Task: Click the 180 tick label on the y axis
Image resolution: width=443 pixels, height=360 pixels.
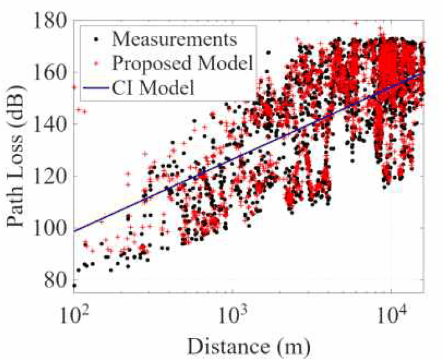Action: pos(50,20)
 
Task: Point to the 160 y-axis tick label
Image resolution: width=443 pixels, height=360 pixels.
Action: pos(50,73)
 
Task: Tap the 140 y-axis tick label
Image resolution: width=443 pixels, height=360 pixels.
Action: pos(50,124)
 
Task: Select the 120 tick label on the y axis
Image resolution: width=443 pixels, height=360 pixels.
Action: pos(50,176)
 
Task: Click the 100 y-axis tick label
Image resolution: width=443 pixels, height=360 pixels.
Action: pos(50,228)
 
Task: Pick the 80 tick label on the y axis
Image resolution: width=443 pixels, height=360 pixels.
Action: pos(56,279)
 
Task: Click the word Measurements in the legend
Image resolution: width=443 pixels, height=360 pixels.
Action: pos(175,39)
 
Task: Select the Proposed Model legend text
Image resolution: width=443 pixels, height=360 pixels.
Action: pos(182,63)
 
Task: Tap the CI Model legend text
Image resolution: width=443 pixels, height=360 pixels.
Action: pos(153,88)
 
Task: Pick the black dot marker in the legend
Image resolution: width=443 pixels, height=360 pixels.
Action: pos(96,39)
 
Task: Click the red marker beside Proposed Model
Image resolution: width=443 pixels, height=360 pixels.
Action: pos(96,63)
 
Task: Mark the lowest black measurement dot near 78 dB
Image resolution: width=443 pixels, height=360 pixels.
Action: pos(74,286)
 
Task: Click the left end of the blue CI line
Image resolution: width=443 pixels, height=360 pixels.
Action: pos(74,231)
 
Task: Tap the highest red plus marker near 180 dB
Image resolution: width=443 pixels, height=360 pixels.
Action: pos(356,23)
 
